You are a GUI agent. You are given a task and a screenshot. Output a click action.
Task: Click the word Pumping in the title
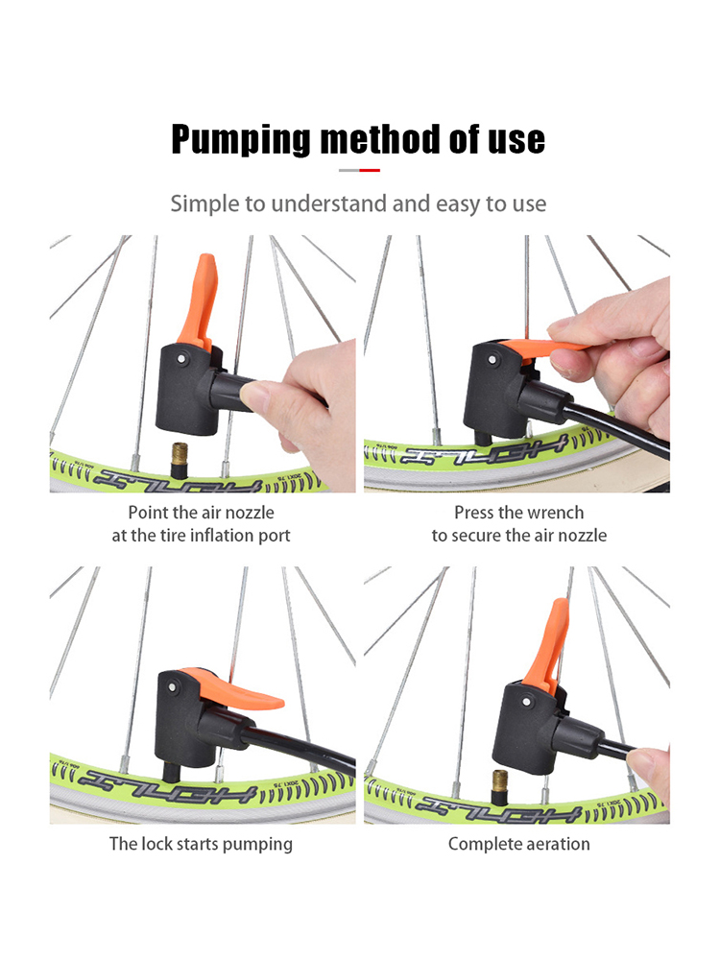tap(241, 140)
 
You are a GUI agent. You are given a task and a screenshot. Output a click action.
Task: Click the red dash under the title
tap(370, 170)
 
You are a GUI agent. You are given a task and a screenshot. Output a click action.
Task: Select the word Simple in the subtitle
tap(204, 204)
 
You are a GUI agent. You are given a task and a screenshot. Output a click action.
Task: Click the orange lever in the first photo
tap(197, 301)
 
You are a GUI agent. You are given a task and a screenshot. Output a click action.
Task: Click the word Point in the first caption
tap(149, 513)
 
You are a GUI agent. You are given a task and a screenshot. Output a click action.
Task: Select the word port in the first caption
tap(274, 537)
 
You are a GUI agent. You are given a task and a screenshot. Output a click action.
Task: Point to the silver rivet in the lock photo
tap(173, 688)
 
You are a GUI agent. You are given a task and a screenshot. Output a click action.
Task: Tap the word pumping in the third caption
tap(257, 845)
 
